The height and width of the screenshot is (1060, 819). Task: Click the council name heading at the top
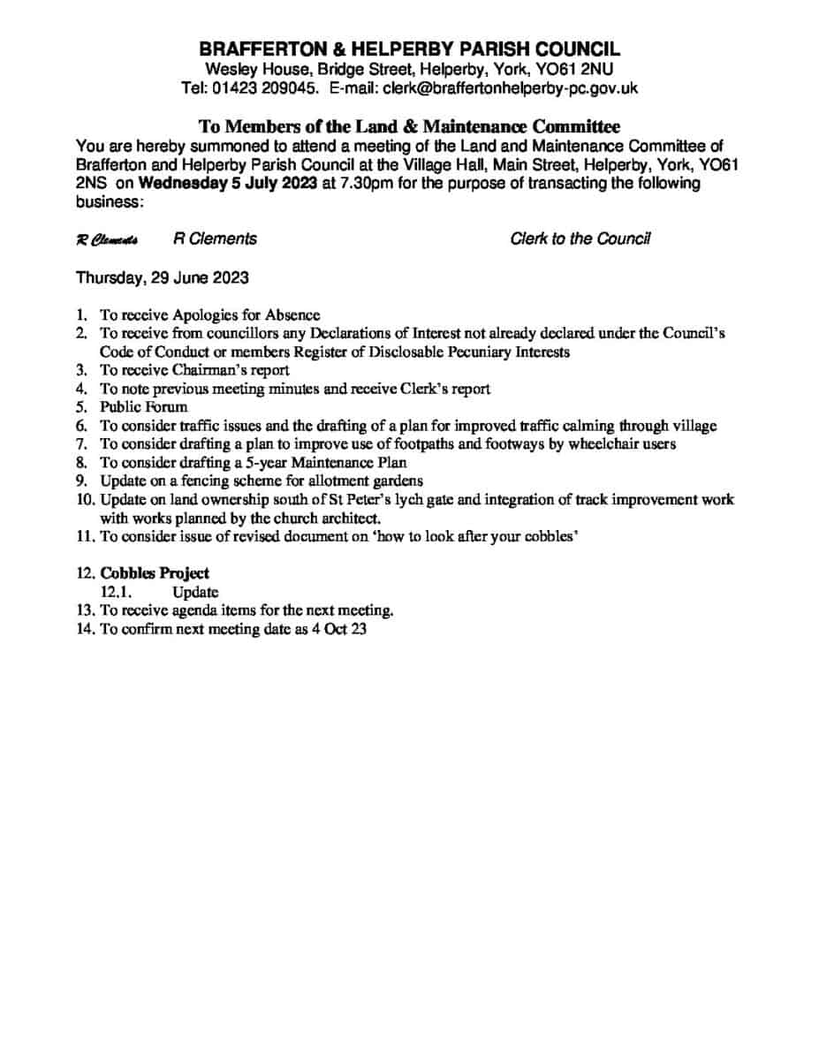(409, 49)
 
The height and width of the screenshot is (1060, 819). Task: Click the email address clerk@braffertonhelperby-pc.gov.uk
(510, 88)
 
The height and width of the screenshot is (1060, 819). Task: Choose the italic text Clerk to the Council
(580, 239)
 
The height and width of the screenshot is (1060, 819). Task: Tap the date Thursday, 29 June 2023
(163, 277)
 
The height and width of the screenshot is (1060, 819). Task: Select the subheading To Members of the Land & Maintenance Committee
(409, 127)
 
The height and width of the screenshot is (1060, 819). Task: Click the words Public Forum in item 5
(144, 407)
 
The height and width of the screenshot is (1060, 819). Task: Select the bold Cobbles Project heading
(155, 573)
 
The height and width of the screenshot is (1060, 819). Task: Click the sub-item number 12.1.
(117, 592)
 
